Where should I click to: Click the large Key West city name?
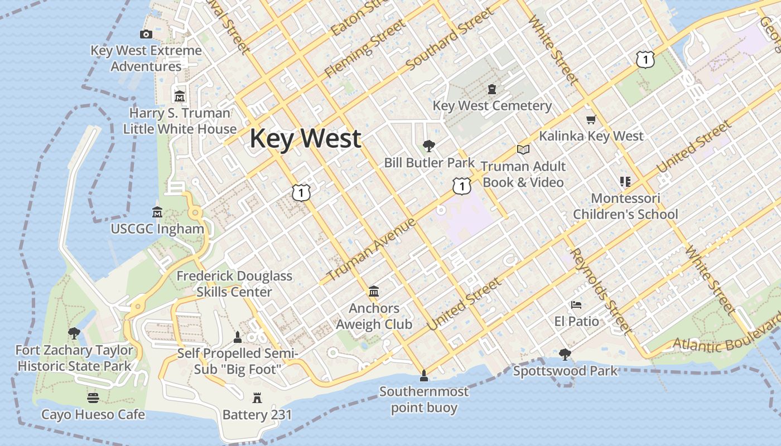305,138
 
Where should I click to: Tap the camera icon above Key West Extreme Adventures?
146,35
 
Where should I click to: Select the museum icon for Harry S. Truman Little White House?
180,96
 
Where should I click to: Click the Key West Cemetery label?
492,105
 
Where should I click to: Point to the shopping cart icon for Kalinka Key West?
591,120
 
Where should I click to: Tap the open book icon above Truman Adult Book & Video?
523,149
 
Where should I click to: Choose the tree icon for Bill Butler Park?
429,146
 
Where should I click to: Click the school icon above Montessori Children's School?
625,182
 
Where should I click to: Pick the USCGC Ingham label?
157,229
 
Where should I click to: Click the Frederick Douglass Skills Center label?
234,284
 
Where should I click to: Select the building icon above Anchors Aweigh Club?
374,292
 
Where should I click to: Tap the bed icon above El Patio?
576,305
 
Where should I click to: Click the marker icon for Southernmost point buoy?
423,375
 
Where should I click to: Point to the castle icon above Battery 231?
257,398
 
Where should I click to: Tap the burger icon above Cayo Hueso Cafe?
93,398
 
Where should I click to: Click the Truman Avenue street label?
371,250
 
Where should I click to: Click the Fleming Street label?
365,49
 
